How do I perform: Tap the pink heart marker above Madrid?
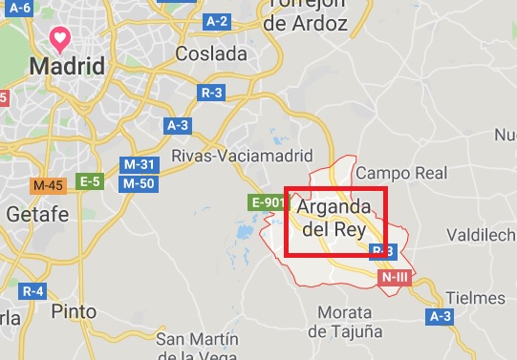pyautogui.click(x=60, y=39)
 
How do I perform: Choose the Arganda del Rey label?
pyautogui.click(x=334, y=218)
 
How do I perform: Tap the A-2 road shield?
pyautogui.click(x=218, y=20)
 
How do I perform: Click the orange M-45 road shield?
pyautogui.click(x=48, y=184)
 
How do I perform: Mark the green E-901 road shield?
pyautogui.click(x=268, y=201)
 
